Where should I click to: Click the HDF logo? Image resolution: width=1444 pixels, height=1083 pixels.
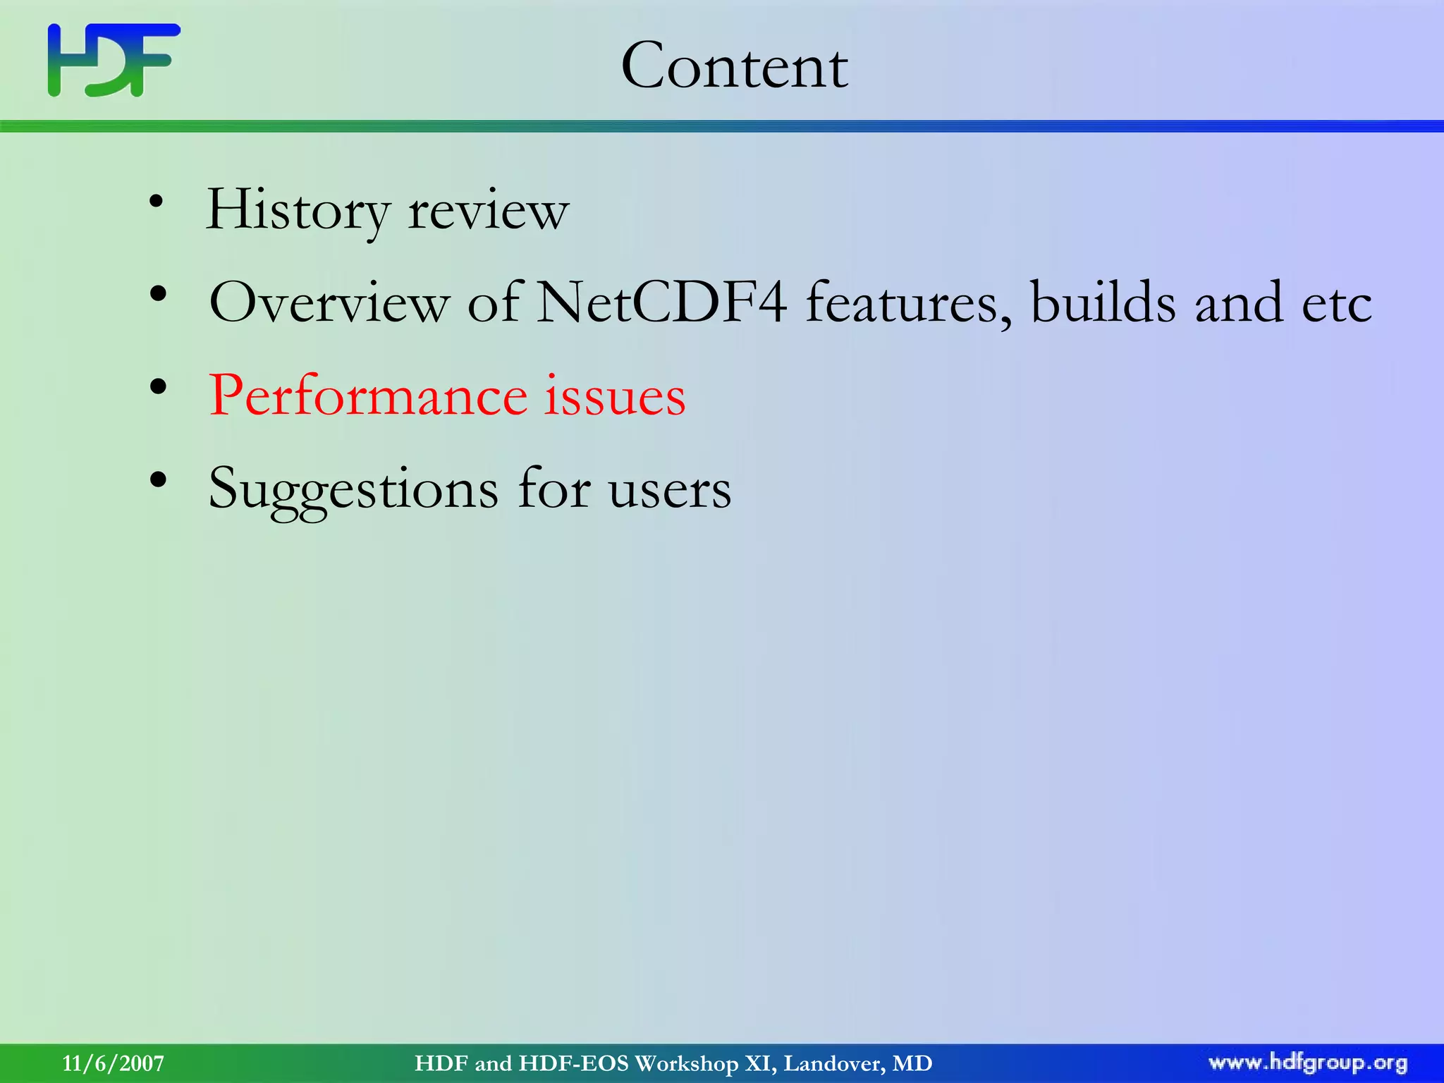coord(114,60)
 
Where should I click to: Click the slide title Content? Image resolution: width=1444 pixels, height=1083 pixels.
coord(734,66)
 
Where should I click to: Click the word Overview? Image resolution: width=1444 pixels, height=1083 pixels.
coord(329,302)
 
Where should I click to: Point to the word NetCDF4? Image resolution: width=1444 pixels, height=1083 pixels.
coord(661,302)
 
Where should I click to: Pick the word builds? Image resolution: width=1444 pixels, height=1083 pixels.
coord(1103,302)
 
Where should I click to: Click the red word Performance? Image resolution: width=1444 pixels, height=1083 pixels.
coord(367,396)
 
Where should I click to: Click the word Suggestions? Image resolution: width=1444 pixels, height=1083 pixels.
coord(353,490)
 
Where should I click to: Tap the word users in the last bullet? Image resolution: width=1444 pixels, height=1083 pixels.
coord(670,490)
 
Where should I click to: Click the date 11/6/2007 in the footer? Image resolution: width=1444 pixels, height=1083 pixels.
coord(113,1063)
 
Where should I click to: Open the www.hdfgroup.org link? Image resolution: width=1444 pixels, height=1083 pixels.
coord(1308,1063)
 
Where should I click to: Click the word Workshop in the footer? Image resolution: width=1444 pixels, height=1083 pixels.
coord(686,1063)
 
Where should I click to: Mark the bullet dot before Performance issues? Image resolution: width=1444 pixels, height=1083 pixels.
coord(158,386)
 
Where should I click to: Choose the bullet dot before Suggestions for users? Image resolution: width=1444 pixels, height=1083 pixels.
coord(158,479)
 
